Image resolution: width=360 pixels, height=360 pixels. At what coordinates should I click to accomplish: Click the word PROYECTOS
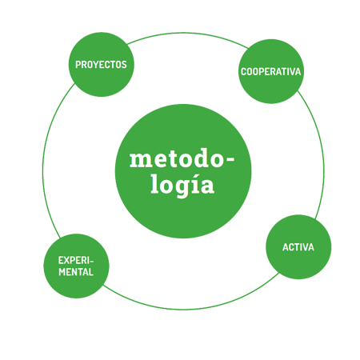[101, 65]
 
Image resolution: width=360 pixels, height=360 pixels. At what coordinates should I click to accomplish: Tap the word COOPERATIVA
[271, 72]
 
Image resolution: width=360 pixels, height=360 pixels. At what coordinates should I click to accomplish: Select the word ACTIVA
[298, 247]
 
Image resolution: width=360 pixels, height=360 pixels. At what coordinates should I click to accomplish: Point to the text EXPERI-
[76, 261]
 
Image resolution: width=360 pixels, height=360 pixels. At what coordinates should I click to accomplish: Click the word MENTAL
[76, 272]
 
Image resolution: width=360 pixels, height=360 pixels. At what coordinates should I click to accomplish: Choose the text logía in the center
[182, 185]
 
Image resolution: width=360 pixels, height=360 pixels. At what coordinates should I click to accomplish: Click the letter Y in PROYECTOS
[94, 65]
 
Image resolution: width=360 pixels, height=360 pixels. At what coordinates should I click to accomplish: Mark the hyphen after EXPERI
[91, 261]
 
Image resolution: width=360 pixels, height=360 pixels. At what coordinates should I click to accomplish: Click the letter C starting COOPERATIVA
[244, 72]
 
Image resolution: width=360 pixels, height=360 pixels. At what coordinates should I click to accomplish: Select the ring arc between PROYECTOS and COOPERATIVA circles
[186, 34]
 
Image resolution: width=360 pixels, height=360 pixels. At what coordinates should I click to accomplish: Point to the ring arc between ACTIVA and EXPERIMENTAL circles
[186, 309]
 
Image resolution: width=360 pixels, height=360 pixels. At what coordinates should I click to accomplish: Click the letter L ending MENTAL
[91, 272]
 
